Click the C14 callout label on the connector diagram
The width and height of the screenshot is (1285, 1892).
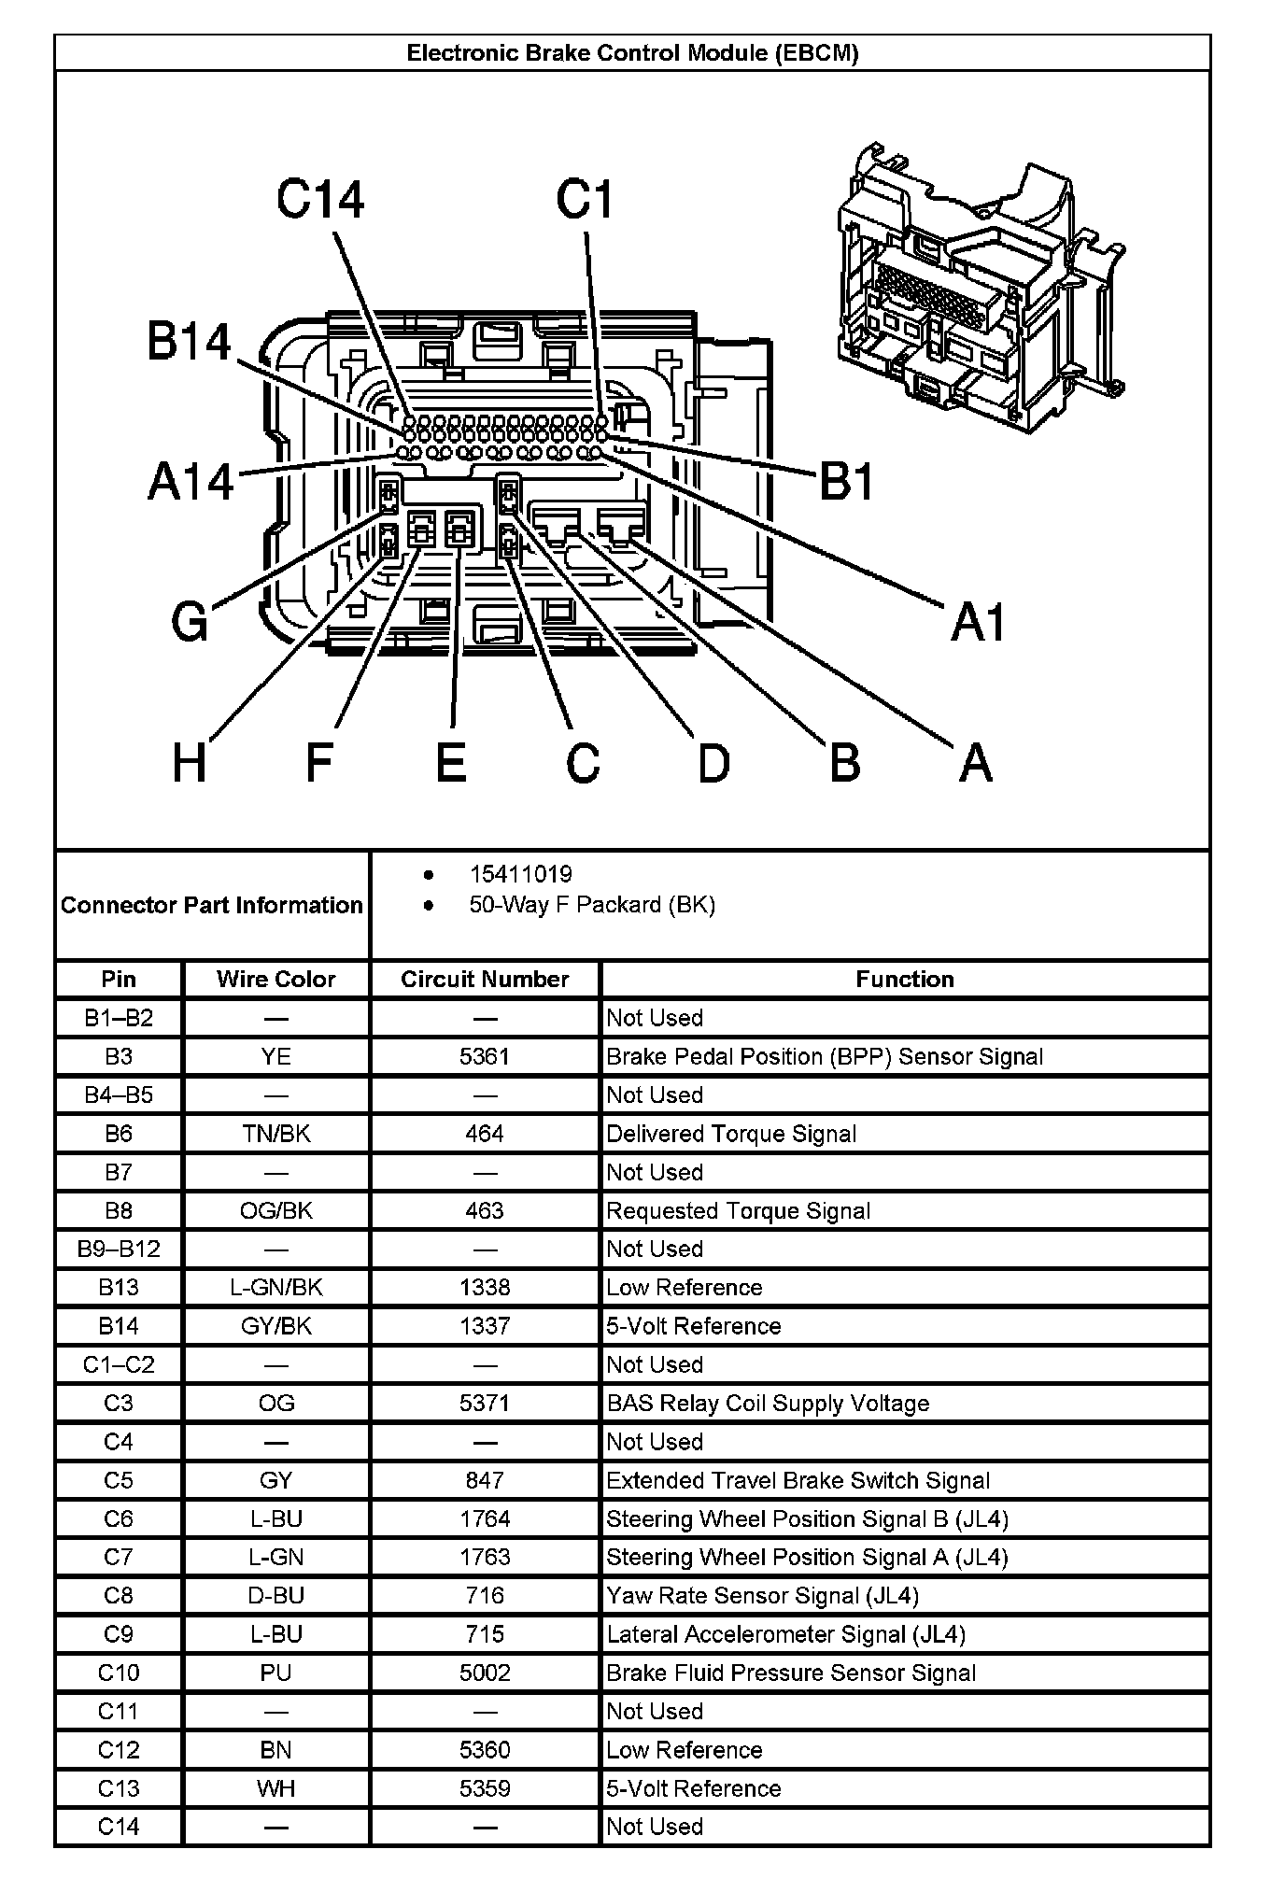(320, 200)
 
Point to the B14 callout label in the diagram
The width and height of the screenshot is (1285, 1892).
(189, 342)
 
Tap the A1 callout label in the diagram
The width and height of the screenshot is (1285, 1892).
(978, 622)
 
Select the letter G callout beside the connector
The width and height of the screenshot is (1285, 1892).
(190, 621)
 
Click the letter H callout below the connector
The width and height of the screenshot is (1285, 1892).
(190, 763)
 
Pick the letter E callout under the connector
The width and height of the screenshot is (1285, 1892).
(451, 763)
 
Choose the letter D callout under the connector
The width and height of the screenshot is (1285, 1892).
(713, 763)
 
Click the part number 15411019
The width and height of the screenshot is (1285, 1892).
(520, 874)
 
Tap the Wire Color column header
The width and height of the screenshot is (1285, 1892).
(275, 979)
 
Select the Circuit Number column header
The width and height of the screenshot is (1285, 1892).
(485, 979)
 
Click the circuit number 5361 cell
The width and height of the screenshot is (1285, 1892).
(485, 1056)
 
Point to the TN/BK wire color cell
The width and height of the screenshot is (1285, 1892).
(275, 1134)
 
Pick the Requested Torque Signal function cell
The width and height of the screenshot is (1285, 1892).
(738, 1211)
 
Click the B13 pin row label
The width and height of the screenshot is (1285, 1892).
(119, 1288)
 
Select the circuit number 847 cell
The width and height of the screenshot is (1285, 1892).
(485, 1480)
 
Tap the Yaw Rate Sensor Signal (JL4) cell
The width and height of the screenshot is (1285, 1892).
(762, 1596)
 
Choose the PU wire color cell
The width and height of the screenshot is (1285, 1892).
(275, 1673)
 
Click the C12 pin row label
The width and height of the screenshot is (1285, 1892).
(119, 1750)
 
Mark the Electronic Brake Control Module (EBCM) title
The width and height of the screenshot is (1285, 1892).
(632, 53)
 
